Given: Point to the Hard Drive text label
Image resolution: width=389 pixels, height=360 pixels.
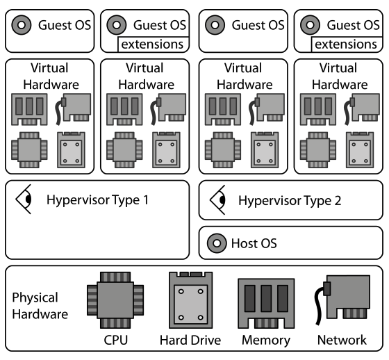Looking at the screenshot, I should click(190, 340).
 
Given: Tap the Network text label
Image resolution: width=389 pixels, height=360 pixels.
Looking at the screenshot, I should click(342, 340).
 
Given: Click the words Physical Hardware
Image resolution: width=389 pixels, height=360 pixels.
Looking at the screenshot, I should click(40, 305).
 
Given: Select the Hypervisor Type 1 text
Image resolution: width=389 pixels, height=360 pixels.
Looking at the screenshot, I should click(97, 201).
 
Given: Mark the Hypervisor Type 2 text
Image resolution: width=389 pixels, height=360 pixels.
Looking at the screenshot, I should click(290, 201).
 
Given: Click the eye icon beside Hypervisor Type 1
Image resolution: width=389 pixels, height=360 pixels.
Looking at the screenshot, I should click(26, 199).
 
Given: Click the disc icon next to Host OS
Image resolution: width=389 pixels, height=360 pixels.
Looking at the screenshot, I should click(217, 243).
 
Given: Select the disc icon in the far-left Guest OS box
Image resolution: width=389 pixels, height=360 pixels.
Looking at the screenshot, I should click(22, 26).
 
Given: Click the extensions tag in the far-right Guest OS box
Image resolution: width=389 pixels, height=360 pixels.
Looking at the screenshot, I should click(345, 45).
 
